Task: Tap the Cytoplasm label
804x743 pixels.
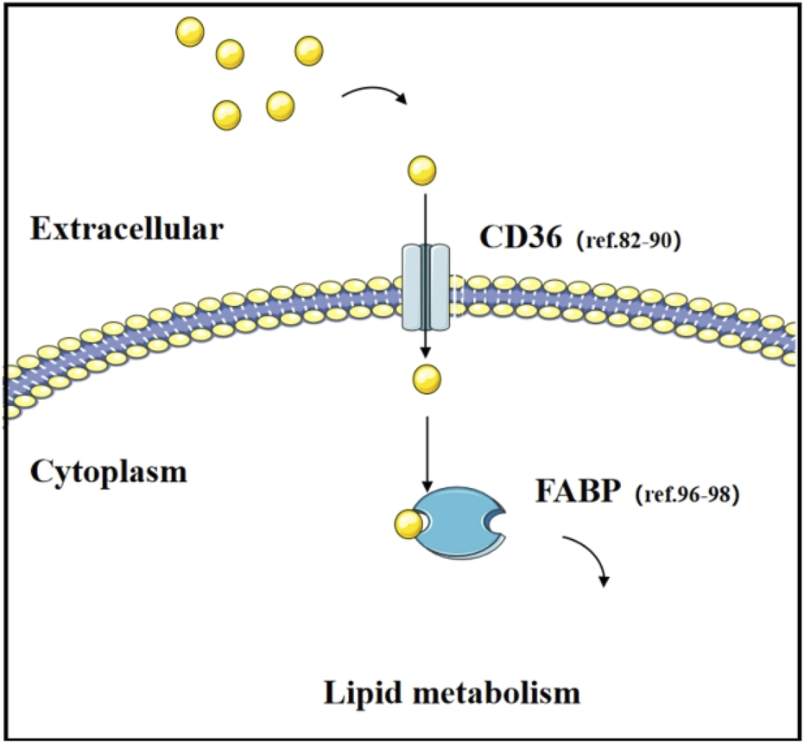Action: click(109, 472)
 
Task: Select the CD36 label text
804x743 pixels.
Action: click(521, 236)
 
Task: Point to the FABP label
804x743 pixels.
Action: click(576, 495)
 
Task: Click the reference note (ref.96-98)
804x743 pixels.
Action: click(687, 498)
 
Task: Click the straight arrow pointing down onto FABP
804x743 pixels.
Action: click(425, 449)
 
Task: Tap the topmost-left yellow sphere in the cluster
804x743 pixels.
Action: click(189, 32)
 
